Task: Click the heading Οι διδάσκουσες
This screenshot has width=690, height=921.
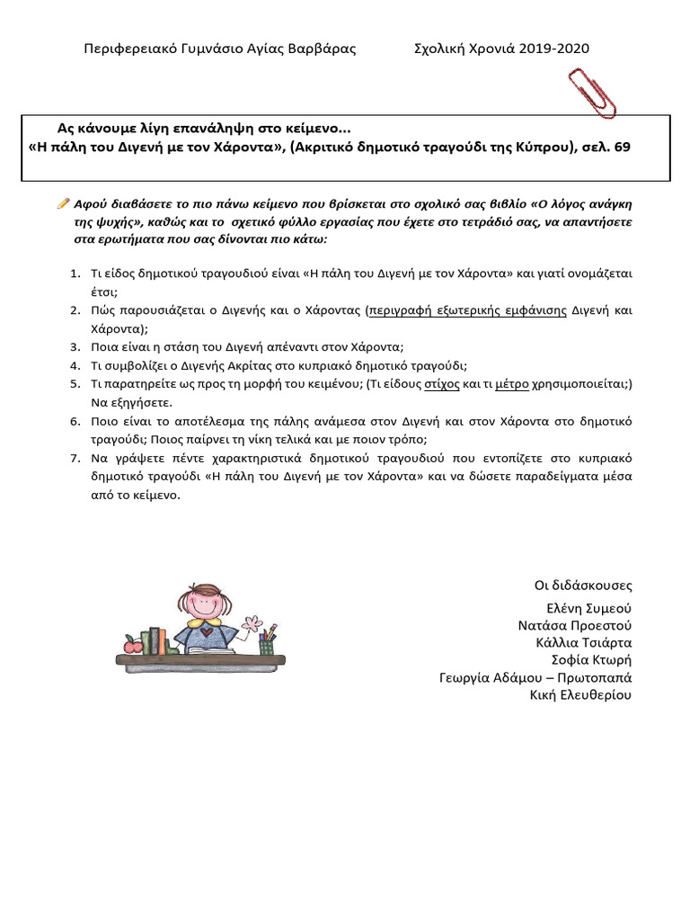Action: click(583, 586)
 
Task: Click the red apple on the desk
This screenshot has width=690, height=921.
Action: click(132, 644)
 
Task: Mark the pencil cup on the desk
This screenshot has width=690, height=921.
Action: click(267, 645)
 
